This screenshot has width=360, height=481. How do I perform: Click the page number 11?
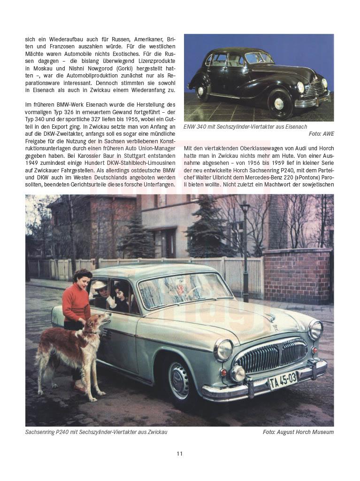pyautogui.click(x=180, y=453)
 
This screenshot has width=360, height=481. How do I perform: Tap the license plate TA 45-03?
pyautogui.click(x=283, y=380)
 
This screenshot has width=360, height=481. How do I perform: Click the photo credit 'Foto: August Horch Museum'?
pyautogui.click(x=298, y=432)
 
